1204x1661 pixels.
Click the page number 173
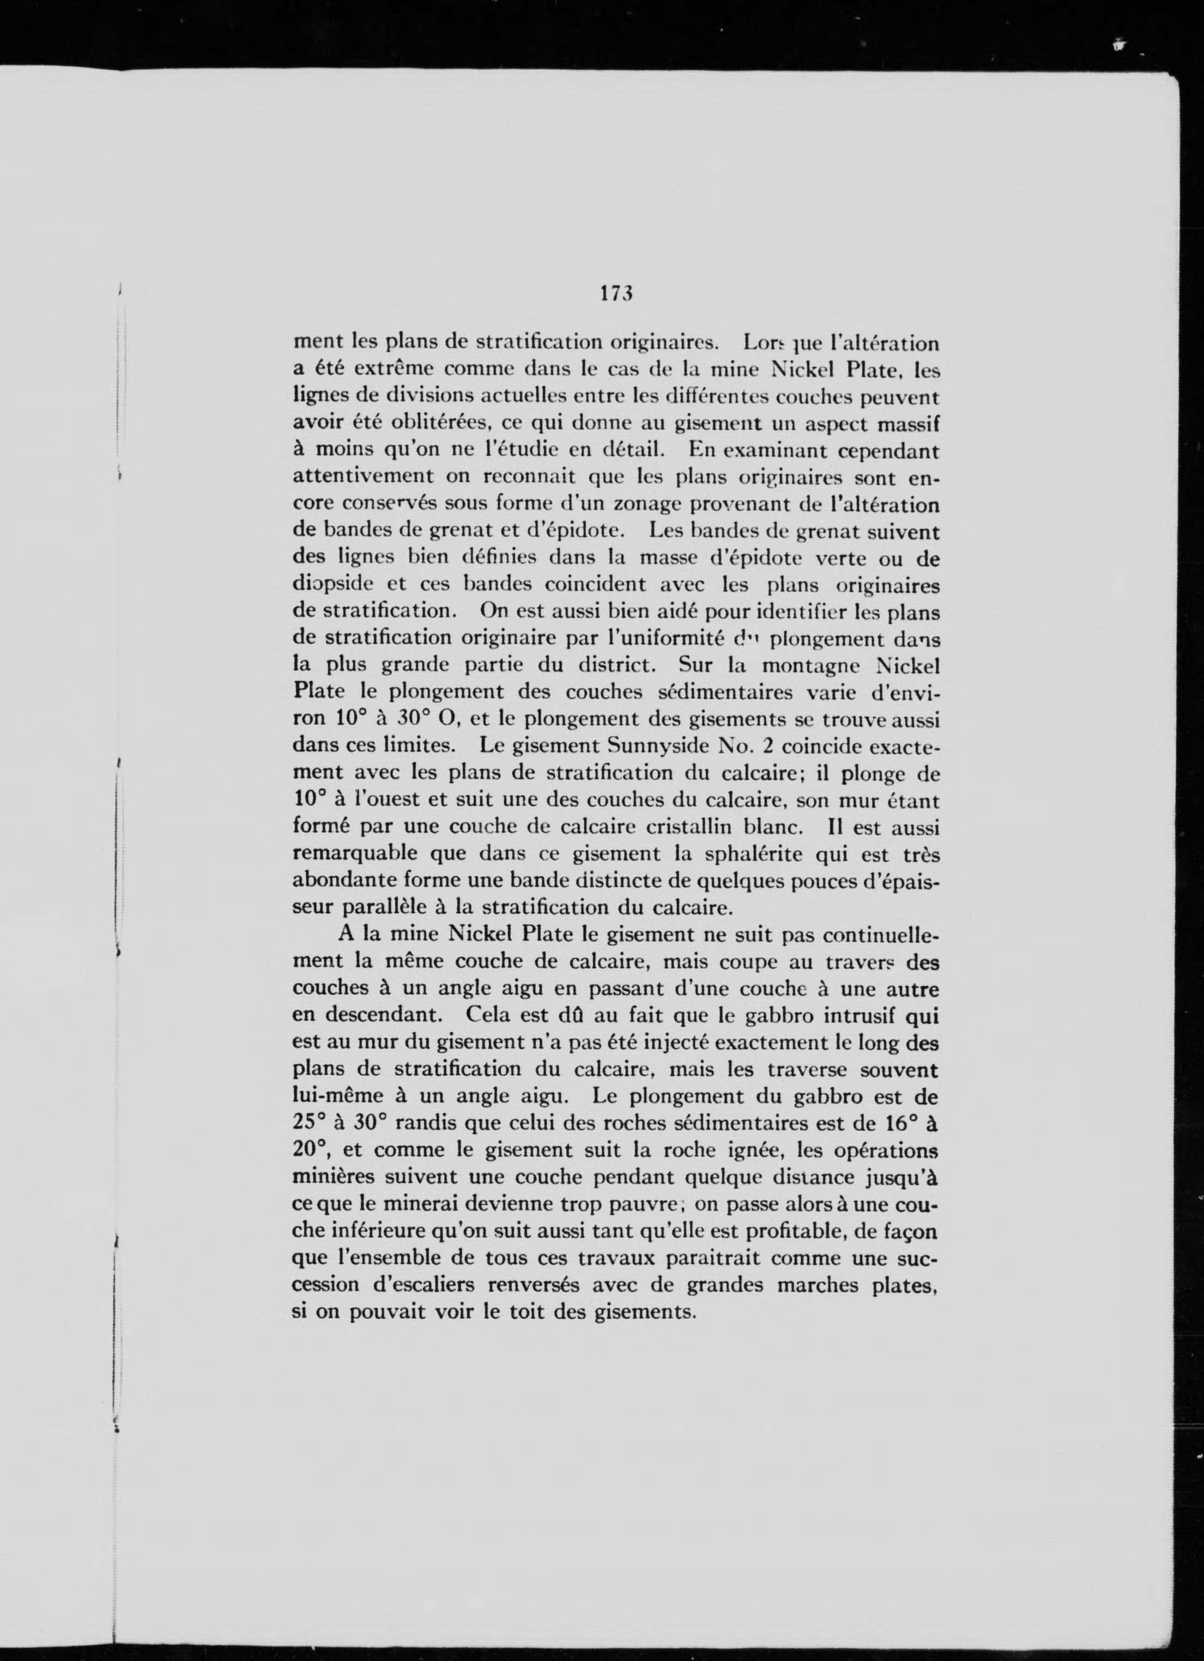tap(615, 294)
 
